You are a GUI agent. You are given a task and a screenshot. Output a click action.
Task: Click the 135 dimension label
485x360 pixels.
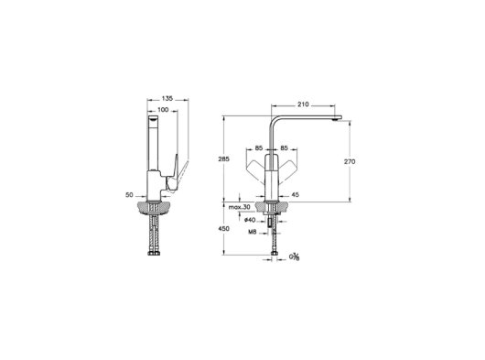tap(167, 99)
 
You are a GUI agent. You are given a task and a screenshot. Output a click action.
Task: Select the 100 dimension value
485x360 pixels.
tap(163, 110)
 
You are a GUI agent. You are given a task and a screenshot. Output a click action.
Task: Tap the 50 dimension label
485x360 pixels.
tap(129, 195)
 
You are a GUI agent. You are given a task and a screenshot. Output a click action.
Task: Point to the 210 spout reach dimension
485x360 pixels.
tap(303, 104)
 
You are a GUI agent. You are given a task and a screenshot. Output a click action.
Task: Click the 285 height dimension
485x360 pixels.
tap(224, 159)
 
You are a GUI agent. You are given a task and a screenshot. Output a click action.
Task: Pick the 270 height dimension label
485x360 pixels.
tap(350, 161)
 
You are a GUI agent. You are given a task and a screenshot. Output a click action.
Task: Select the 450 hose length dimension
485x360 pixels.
tap(224, 229)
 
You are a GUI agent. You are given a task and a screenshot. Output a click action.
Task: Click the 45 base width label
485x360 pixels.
tap(296, 195)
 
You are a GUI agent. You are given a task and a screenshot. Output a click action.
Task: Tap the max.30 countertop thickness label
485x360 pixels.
tap(239, 207)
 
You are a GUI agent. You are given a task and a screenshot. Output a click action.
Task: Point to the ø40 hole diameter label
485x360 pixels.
tap(250, 220)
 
